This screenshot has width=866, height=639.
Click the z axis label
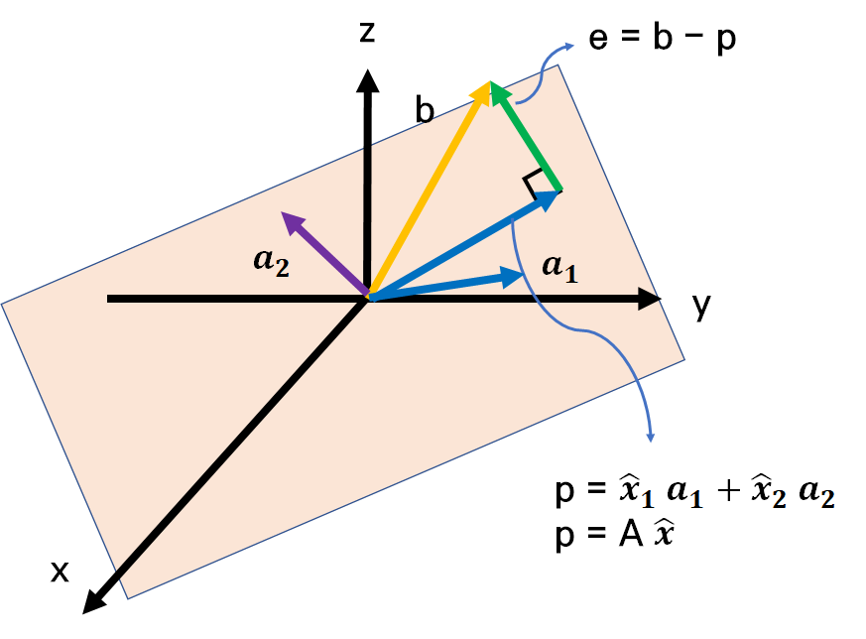pos(367,33)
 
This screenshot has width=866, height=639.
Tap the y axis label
pos(702,307)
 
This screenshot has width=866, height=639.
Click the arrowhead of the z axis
pos(368,79)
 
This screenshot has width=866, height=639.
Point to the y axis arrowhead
pos(650,298)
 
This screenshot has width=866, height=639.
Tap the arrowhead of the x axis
pos(94,599)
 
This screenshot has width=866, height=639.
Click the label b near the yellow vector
pos(425,110)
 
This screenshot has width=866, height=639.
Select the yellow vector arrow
pos(429,190)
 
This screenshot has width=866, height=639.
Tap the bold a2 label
pos(271,261)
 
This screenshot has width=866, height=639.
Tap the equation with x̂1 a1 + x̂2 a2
pos(694,494)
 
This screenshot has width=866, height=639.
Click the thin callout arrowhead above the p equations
pos(652,438)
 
